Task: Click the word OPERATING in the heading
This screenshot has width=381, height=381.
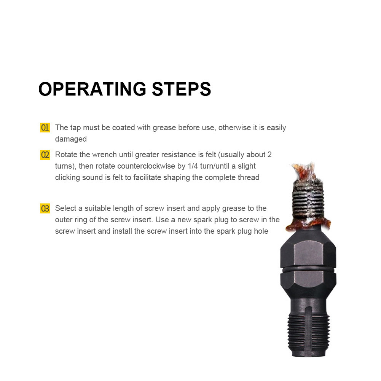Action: [92, 89]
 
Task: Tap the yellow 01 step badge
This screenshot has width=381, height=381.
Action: [45, 128]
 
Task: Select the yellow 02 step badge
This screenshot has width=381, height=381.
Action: [45, 155]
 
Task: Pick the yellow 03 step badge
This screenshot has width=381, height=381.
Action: [45, 209]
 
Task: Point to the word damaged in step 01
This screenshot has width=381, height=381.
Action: [71, 139]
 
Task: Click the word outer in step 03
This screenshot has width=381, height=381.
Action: [64, 220]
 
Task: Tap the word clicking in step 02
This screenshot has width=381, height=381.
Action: [67, 178]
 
